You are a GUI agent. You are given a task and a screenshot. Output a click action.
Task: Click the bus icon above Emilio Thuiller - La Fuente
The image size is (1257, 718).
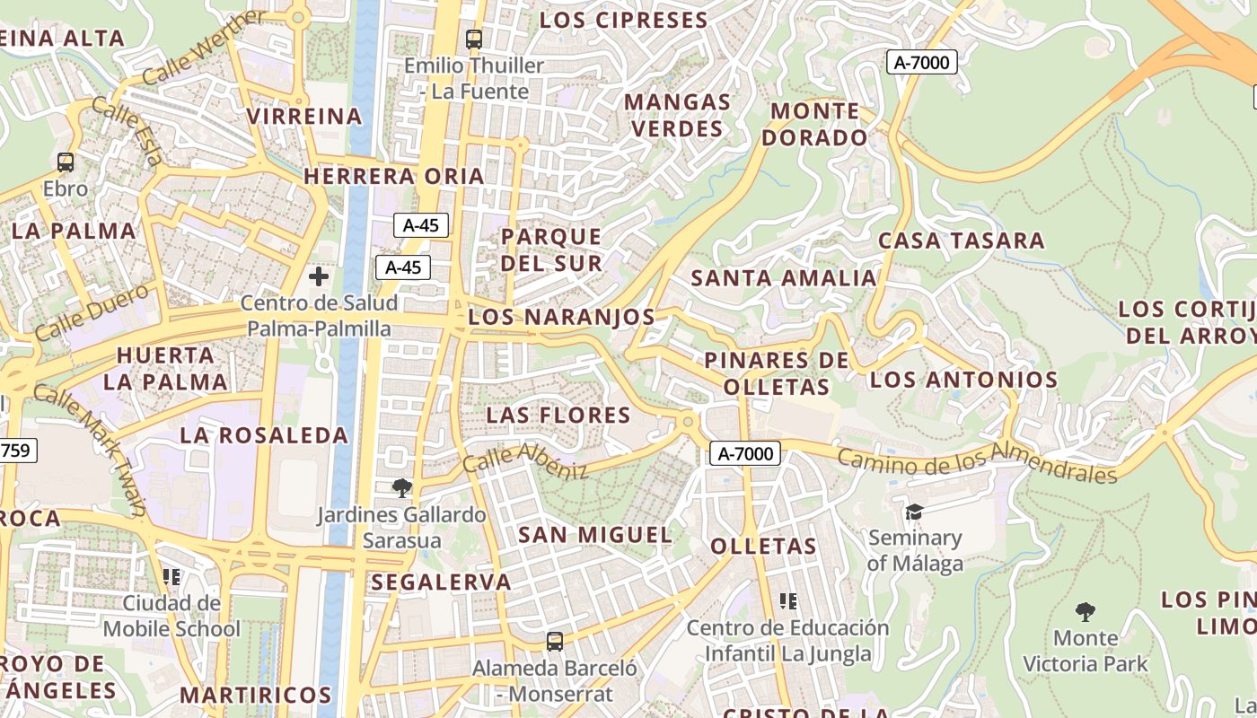tap(473, 39)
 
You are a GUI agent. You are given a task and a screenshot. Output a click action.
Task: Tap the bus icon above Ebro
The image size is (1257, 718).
tap(66, 162)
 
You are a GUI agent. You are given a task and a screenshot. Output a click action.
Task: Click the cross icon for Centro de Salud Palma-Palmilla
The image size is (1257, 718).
tap(319, 276)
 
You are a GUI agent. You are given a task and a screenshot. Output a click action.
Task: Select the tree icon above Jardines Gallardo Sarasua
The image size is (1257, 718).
tap(402, 488)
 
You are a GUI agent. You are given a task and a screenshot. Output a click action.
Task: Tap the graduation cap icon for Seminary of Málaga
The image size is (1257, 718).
tap(914, 512)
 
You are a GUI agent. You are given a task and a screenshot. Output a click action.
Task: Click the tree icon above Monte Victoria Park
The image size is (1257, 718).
tap(1086, 612)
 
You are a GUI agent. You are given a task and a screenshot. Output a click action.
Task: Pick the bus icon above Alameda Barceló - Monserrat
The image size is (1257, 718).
tap(555, 642)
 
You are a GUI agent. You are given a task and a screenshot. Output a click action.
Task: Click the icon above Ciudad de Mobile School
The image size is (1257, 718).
tap(171, 576)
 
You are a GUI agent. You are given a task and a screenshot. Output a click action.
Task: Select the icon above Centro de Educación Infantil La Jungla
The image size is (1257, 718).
tap(788, 600)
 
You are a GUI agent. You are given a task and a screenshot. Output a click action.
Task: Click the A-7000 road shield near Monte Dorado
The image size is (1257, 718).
tap(922, 62)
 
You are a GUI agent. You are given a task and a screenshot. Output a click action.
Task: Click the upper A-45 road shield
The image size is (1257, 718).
tap(421, 225)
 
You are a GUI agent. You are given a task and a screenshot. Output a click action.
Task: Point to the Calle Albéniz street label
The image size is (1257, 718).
tap(525, 461)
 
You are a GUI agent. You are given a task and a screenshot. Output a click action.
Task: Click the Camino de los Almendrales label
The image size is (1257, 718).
tap(977, 463)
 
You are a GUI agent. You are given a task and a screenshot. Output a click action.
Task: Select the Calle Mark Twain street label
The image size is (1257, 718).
tap(90, 449)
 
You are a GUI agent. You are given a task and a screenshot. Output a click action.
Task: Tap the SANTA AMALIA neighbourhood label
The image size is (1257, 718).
tap(783, 278)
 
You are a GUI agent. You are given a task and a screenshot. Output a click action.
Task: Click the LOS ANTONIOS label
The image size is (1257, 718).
tap(964, 380)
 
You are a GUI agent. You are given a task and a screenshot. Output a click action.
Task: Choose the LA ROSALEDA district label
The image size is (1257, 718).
tap(264, 436)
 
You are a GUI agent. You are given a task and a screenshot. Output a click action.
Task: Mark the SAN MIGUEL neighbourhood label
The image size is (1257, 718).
tap(595, 535)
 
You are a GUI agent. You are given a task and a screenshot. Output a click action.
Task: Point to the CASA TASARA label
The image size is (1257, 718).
tap(962, 241)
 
